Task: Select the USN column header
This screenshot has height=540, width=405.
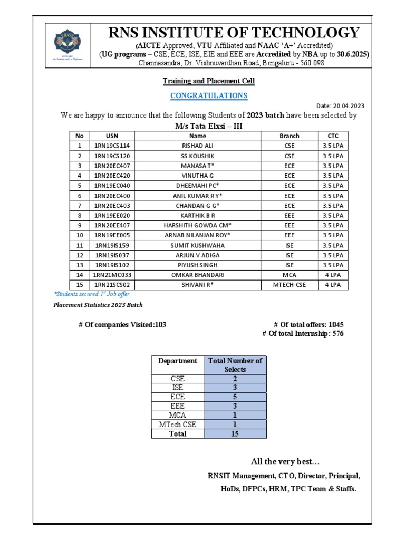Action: [112, 136]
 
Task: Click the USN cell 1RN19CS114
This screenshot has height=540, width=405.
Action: [112, 146]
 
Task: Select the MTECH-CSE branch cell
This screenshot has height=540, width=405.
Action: [290, 285]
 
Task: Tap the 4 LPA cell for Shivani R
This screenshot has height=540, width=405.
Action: [333, 285]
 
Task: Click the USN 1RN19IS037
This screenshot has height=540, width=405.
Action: [112, 255]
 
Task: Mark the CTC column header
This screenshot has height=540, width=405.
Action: [333, 136]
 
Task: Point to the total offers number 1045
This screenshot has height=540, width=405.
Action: [336, 325]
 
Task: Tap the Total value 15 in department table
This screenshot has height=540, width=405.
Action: [235, 433]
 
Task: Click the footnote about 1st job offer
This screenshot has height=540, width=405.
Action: [92, 294]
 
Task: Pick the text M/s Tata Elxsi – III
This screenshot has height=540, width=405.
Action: [208, 126]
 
